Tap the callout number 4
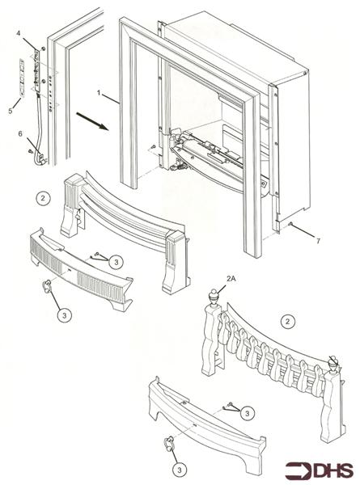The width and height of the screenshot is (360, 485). (18, 33)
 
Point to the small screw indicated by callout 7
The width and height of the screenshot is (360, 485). (290, 224)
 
